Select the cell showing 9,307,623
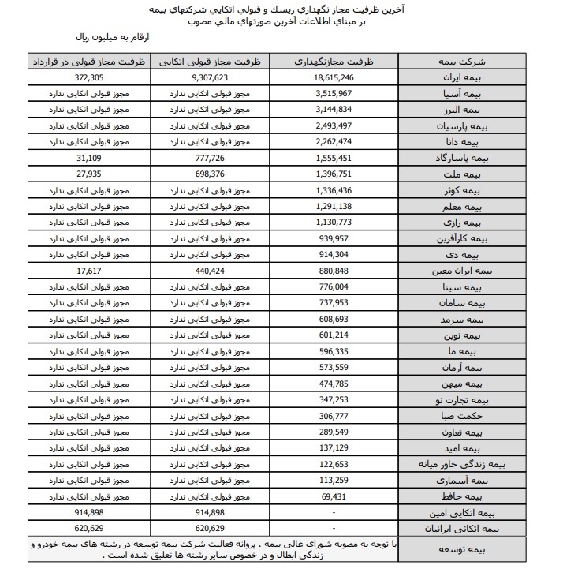point(209,79)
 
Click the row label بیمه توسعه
point(458,549)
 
